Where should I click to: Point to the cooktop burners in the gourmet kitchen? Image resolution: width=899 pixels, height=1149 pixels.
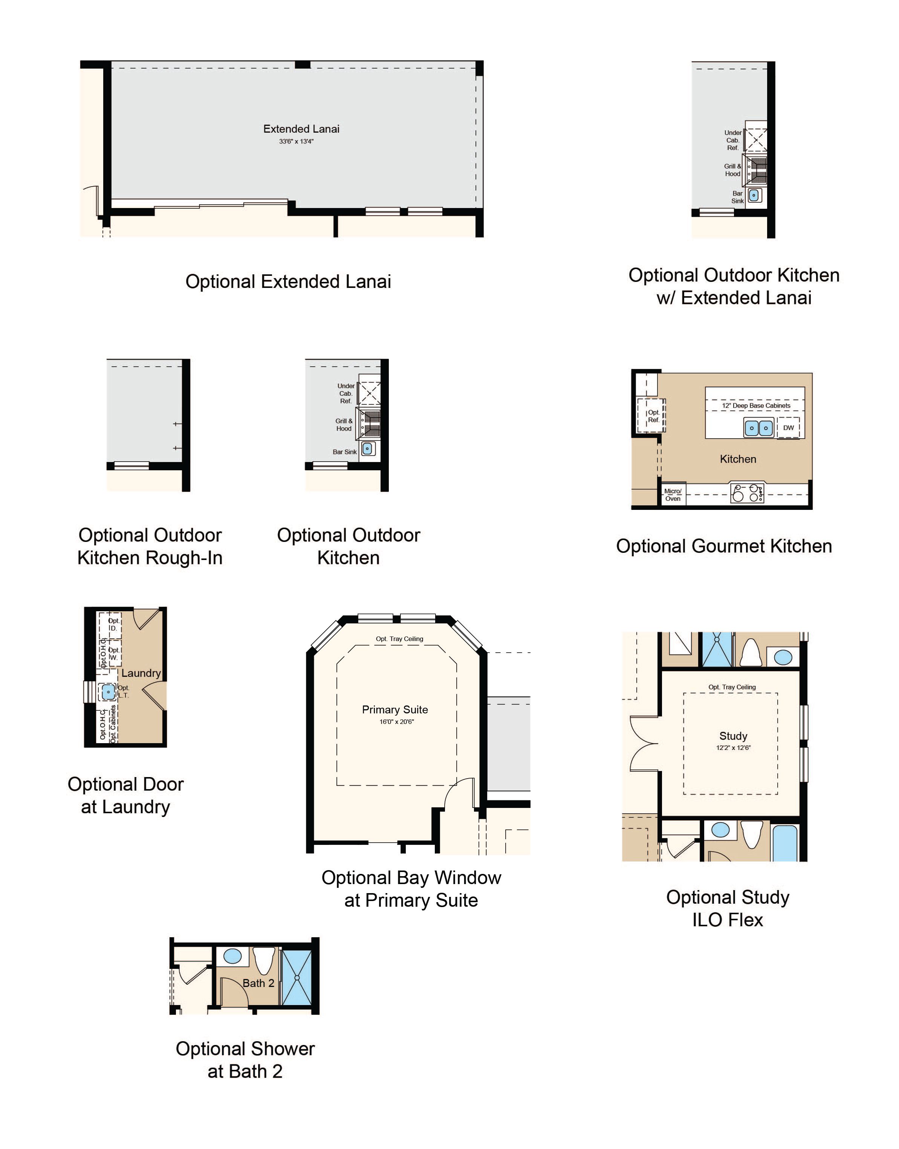pyautogui.click(x=748, y=493)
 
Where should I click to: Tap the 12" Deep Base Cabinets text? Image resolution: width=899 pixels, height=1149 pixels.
pyautogui.click(x=756, y=406)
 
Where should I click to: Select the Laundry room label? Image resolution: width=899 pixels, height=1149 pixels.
pyautogui.click(x=141, y=673)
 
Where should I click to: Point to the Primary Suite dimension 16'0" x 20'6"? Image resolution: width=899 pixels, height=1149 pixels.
pyautogui.click(x=396, y=722)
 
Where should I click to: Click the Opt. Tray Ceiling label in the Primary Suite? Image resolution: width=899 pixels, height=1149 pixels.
pyautogui.click(x=399, y=639)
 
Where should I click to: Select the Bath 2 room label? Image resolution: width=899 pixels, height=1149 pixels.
pyautogui.click(x=258, y=983)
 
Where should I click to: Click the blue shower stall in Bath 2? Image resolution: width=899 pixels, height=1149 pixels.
pyautogui.click(x=297, y=978)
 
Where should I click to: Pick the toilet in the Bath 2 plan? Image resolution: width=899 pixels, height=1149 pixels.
pyautogui.click(x=264, y=961)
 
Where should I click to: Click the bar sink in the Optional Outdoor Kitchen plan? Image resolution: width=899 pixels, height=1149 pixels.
pyautogui.click(x=367, y=448)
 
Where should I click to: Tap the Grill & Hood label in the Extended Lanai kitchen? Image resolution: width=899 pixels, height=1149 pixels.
pyautogui.click(x=733, y=170)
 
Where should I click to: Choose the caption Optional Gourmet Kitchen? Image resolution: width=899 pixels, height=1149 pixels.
pyautogui.click(x=724, y=546)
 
